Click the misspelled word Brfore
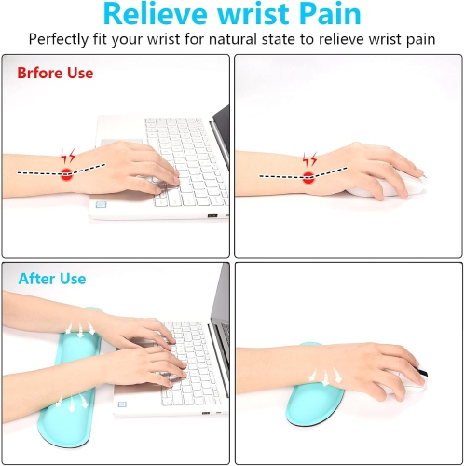pos(42,73)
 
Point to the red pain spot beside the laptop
pos(67,173)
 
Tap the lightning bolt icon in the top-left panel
pos(68,156)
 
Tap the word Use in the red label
pos(80,73)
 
